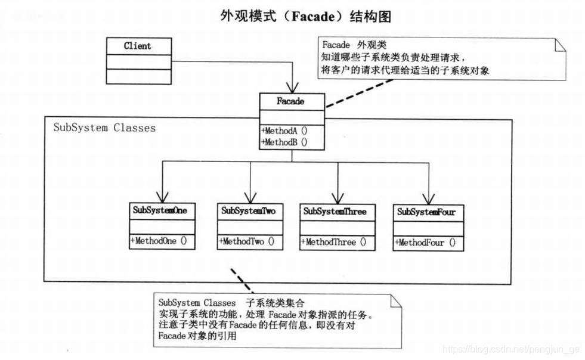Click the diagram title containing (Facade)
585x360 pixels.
[306, 16]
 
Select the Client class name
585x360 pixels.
[138, 46]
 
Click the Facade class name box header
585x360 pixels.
[291, 101]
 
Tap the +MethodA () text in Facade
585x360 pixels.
[284, 131]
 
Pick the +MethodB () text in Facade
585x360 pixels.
[284, 142]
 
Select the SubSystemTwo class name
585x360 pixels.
[248, 211]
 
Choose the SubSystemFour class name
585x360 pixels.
[425, 212]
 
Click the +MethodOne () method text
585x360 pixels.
[159, 241]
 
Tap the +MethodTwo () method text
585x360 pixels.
[247, 241]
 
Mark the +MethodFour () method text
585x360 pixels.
[425, 243]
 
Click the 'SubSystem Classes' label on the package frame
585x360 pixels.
[104, 128]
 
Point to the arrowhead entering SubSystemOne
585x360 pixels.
[162, 197]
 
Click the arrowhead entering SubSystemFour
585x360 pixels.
[426, 198]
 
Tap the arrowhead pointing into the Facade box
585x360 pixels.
[292, 88]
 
